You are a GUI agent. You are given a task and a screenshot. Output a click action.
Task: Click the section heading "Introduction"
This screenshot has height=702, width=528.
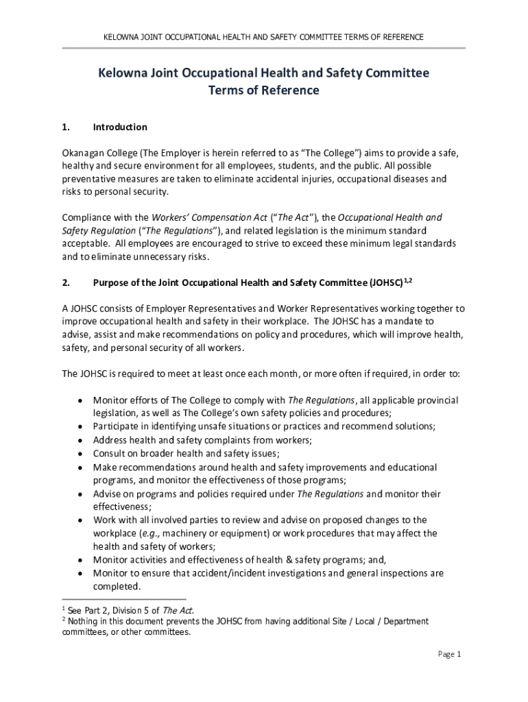point(120,127)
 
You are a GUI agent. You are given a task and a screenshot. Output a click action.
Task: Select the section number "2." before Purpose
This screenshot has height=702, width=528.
point(66,282)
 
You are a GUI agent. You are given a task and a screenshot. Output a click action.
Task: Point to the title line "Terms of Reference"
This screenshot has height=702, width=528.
point(264,90)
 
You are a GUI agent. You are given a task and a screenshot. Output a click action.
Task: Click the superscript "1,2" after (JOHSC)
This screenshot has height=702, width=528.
point(407,279)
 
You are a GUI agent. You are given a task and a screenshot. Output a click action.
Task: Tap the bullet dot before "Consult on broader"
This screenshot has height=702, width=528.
point(81,453)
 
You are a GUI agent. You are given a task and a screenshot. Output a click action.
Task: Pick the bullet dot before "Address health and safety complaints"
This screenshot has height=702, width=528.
point(81,440)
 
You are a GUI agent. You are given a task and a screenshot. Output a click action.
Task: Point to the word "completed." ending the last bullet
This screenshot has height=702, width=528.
point(117,586)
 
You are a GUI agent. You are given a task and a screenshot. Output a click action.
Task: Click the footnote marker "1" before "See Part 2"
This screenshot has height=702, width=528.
point(64,608)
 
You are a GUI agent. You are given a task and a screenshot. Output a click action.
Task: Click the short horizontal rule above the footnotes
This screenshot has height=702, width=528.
point(123,598)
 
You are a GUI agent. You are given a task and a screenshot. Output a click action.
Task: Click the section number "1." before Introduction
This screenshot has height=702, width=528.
point(66,127)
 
